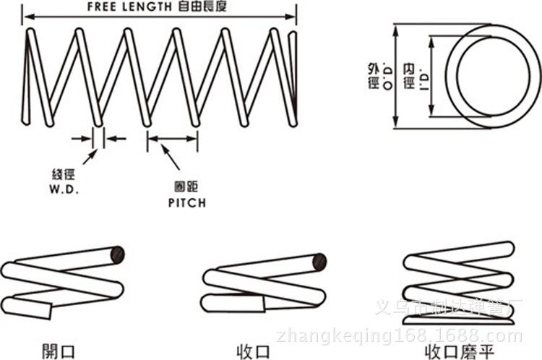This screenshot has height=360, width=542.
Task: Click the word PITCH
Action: click(181, 203)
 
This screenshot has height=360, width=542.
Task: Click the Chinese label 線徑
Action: click(63, 175)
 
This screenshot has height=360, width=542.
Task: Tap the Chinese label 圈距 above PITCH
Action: click(181, 188)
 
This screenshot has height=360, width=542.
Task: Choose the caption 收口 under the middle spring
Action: click(254, 352)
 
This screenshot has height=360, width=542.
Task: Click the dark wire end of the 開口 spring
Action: click(117, 254)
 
